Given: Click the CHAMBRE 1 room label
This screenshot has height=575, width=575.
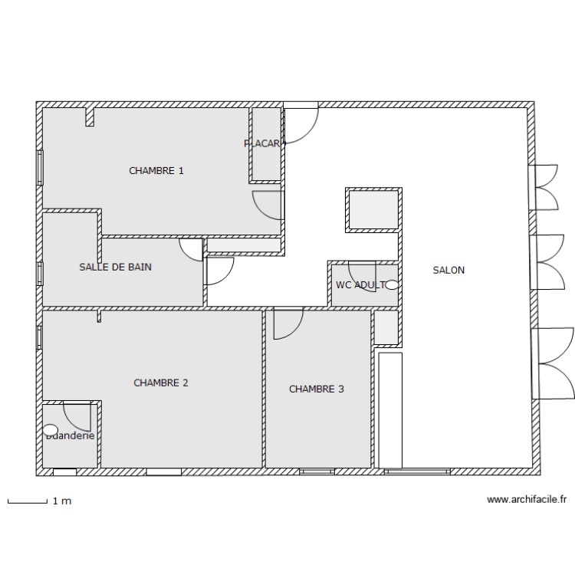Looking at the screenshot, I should coord(156,171).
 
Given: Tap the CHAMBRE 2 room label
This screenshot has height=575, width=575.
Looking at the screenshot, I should coord(160,383).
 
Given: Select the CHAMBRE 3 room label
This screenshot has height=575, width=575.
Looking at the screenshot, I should coord(316,389).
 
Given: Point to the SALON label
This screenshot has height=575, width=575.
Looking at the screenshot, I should coord(449,270).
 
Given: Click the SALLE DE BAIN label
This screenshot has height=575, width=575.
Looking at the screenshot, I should coord(115,267).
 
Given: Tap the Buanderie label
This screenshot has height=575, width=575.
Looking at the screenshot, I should coord(71,435).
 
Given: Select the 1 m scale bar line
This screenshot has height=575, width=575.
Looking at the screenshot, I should coord(27,501).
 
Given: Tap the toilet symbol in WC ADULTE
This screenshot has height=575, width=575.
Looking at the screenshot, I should coord(392,284).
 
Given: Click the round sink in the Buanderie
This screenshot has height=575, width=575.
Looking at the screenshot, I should coord(51,430).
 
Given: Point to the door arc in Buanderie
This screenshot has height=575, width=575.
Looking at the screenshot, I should coord(77,416).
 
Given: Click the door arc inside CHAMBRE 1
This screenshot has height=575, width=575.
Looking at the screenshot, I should coord(268,205).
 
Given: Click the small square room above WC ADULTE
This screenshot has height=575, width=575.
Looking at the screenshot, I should coord(373,209).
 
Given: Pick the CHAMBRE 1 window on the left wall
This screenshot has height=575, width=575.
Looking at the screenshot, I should coord(40,167).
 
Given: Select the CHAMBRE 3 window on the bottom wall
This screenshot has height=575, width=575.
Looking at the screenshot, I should coord(317,472).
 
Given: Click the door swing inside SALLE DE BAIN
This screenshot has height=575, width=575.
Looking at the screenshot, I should coord(189,249).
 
